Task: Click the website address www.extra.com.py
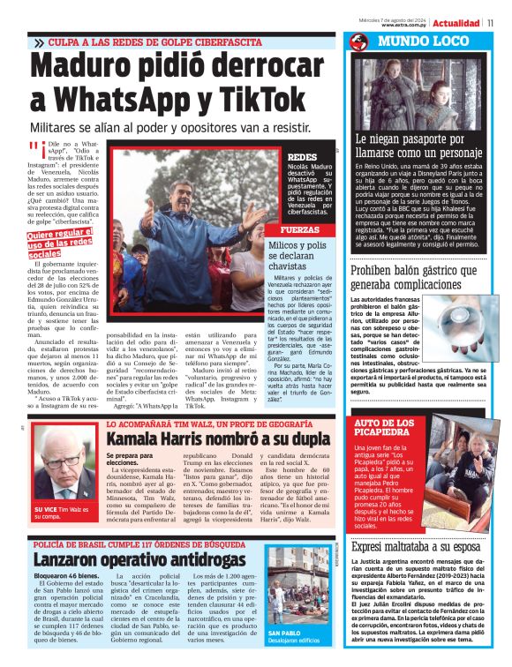pyautogui.click(x=405, y=26)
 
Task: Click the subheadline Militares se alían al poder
pyautogui.click(x=169, y=129)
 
